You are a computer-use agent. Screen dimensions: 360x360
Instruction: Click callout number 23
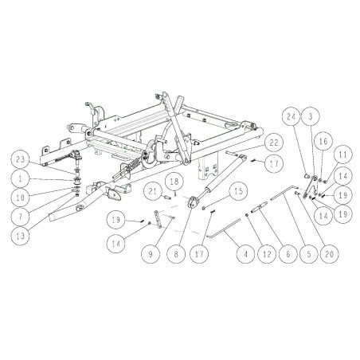coord(22,156)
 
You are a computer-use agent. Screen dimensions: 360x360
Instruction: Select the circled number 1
coord(22,177)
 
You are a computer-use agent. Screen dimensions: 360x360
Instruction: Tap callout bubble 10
coord(22,195)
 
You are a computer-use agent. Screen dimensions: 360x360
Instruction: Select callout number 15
coord(237,193)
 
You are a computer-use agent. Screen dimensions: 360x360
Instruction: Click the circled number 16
coord(323,141)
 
